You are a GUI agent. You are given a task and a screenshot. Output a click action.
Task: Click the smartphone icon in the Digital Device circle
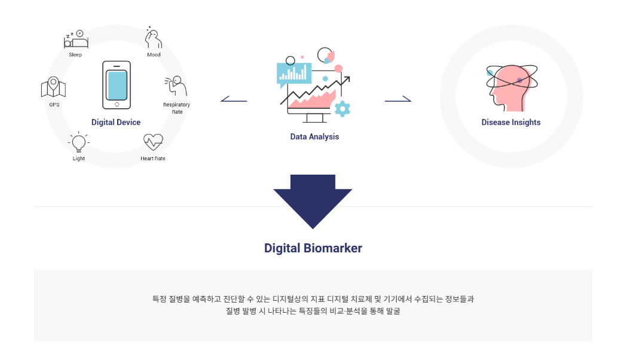click(x=116, y=85)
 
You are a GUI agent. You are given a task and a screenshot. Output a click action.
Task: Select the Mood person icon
click(x=154, y=38)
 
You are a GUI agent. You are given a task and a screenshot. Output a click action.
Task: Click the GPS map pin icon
click(x=54, y=87)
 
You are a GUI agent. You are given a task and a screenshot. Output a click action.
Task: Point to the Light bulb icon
click(x=78, y=143)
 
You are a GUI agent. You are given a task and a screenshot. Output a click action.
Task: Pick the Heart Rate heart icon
click(x=153, y=142)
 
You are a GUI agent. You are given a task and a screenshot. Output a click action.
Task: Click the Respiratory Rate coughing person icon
click(x=176, y=86)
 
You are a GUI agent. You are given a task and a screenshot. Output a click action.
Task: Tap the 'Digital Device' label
click(x=116, y=122)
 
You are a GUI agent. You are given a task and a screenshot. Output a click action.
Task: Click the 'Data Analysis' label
click(x=314, y=136)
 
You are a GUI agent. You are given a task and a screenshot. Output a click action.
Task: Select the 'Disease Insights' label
click(x=511, y=122)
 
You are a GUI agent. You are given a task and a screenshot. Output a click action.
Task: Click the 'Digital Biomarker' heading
click(x=313, y=248)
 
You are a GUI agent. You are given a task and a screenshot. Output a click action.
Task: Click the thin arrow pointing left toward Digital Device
click(x=234, y=99)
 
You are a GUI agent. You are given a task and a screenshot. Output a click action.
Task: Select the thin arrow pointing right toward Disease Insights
click(x=398, y=99)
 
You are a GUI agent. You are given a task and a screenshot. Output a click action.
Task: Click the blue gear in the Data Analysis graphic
click(x=342, y=108)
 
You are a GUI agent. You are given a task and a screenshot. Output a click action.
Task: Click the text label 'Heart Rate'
click(x=153, y=158)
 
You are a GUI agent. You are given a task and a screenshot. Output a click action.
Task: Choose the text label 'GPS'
click(x=54, y=105)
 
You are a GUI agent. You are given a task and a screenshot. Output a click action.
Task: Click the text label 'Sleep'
click(x=75, y=54)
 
